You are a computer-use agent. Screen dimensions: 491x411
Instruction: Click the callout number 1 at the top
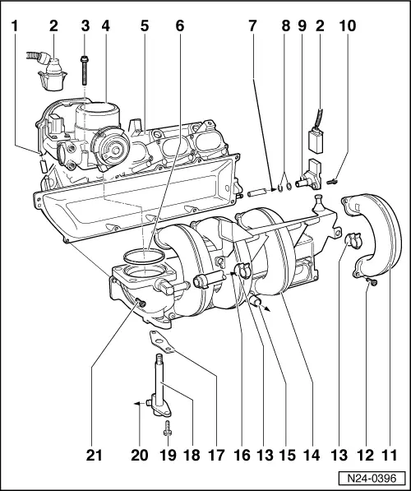click(15, 27)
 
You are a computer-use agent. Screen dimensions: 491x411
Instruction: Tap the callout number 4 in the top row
click(106, 27)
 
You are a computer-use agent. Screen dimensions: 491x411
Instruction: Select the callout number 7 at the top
click(254, 27)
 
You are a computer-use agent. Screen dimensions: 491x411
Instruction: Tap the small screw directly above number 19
click(169, 427)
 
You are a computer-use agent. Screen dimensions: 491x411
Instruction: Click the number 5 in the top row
click(144, 27)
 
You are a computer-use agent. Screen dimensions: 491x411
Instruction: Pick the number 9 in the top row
click(302, 27)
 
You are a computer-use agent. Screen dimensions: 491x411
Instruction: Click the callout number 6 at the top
click(179, 27)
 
